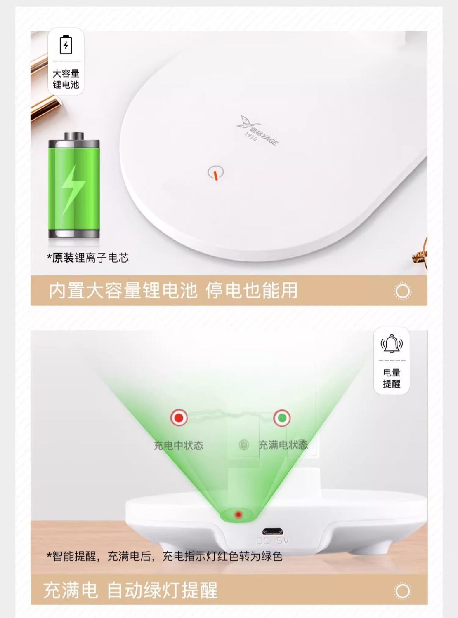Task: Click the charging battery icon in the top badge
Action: pyautogui.click(x=66, y=45)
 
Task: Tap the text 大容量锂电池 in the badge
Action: pyautogui.click(x=66, y=79)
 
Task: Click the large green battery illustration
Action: pyautogui.click(x=74, y=185)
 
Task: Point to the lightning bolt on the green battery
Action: pyautogui.click(x=73, y=190)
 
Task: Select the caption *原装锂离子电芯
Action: pyautogui.click(x=88, y=258)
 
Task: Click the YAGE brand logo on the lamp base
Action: pyautogui.click(x=257, y=130)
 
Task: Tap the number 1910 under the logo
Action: pyautogui.click(x=251, y=136)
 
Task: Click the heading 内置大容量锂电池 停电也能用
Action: pyautogui.click(x=173, y=290)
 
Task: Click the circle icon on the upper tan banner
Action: pyautogui.click(x=403, y=291)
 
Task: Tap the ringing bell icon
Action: pyautogui.click(x=392, y=343)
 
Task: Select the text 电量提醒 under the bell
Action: pyautogui.click(x=392, y=378)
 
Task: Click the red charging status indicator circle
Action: pyautogui.click(x=179, y=418)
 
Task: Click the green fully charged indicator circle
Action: pyautogui.click(x=282, y=418)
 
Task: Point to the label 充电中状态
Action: pyautogui.click(x=179, y=445)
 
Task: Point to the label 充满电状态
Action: pyautogui.click(x=283, y=445)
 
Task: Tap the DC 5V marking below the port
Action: pyautogui.click(x=273, y=541)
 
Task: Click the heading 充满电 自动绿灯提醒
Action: pyautogui.click(x=130, y=590)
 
